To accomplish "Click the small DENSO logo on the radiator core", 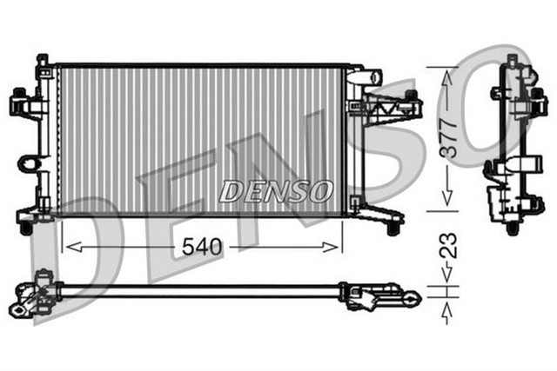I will point(275,189).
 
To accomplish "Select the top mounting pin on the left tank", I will point(41,60).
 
